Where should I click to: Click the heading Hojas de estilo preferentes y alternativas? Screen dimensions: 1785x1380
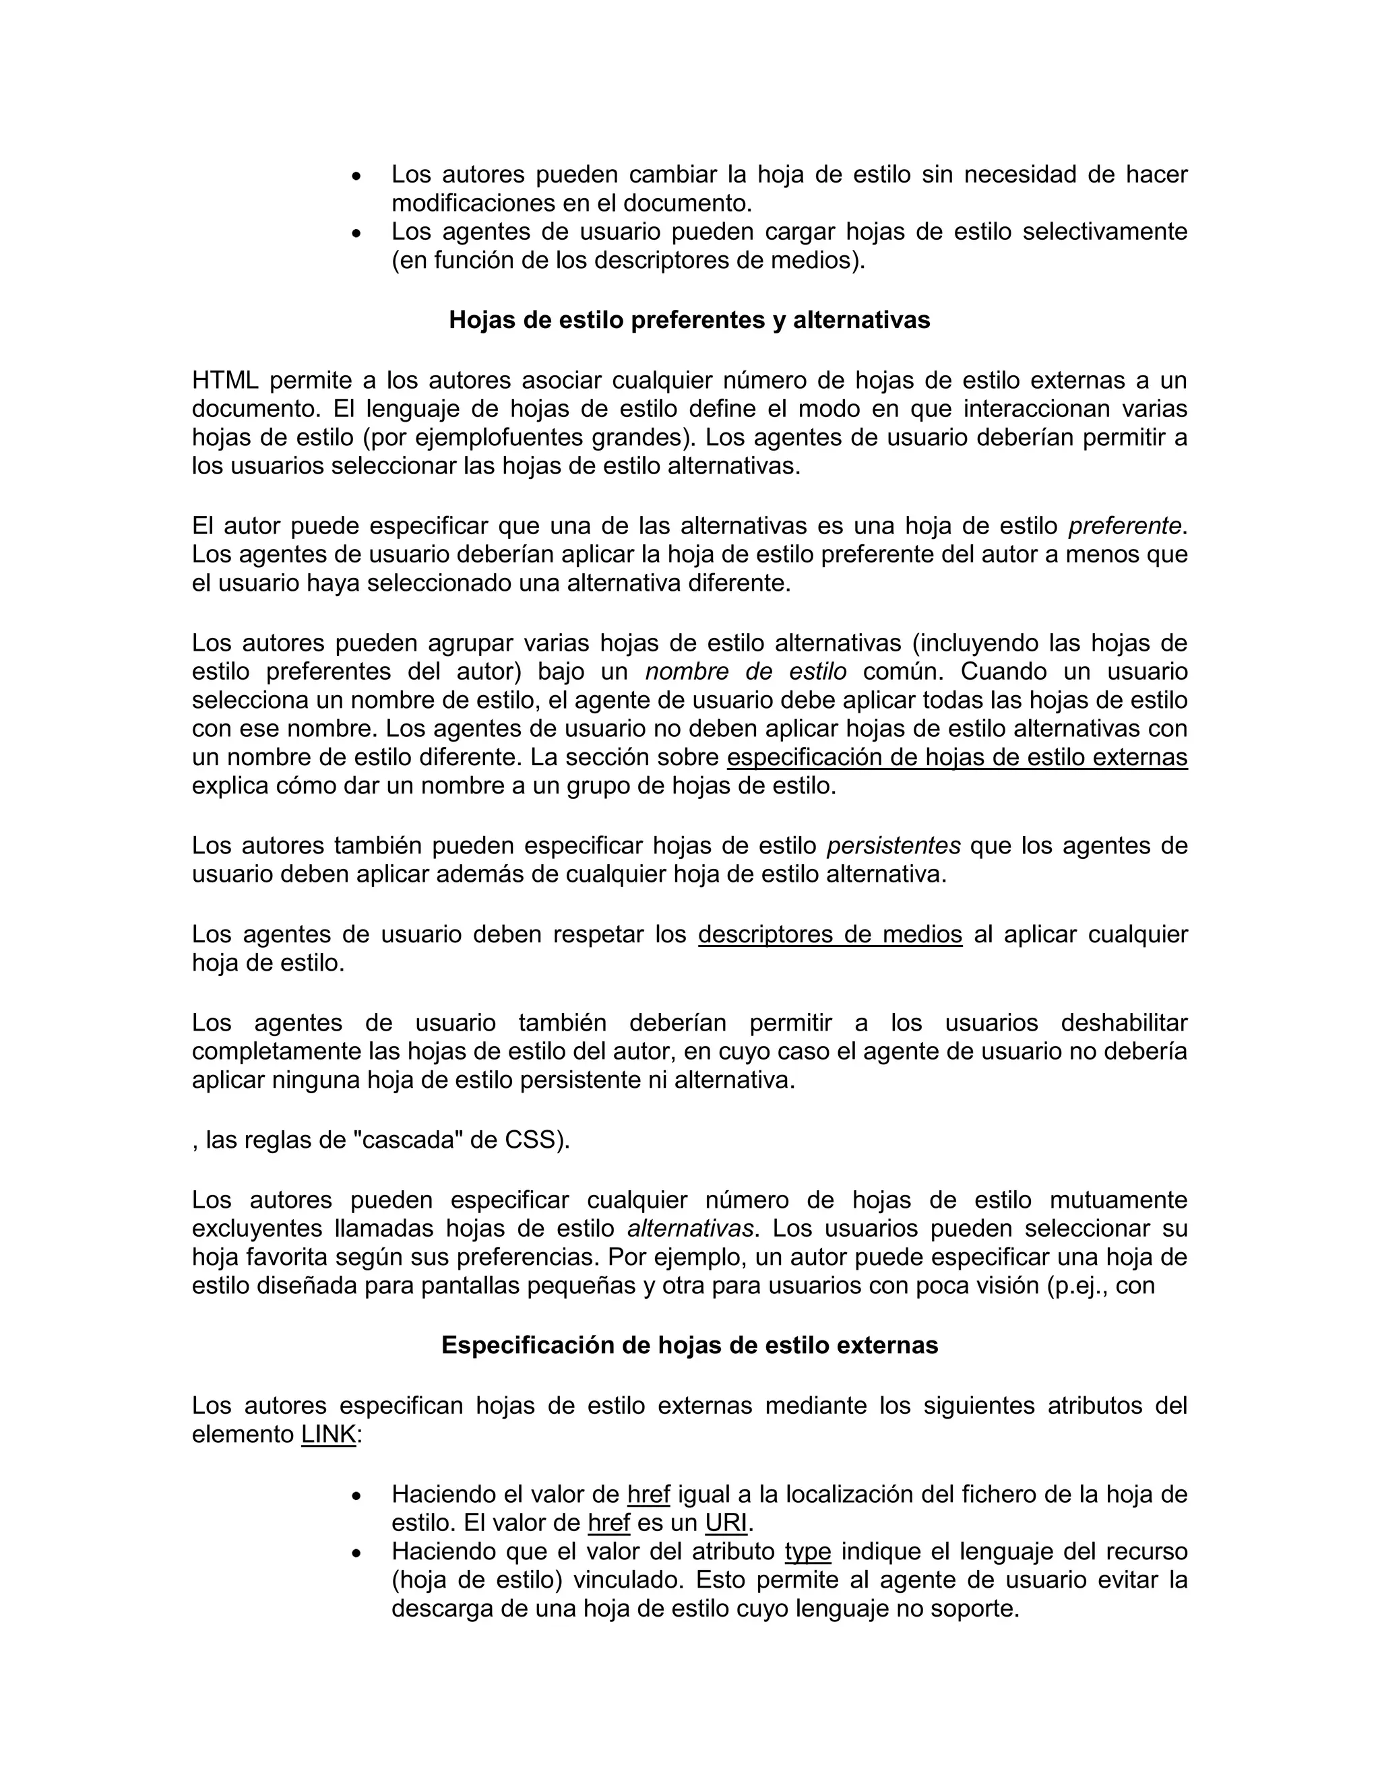[x=689, y=319]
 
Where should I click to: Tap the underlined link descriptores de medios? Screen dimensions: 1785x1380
[x=829, y=934]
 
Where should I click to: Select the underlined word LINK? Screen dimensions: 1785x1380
[x=329, y=1434]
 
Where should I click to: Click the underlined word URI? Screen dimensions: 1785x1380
[x=726, y=1523]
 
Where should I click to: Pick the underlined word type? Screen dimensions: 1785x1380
[x=808, y=1551]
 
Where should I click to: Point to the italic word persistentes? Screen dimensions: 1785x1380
[x=893, y=845]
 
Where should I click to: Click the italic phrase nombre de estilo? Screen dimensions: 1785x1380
[x=746, y=672]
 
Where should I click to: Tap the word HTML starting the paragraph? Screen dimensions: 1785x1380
[x=225, y=380]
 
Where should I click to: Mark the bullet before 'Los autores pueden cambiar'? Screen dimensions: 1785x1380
[x=355, y=176]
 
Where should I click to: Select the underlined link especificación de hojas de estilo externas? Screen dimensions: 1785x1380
[x=957, y=758]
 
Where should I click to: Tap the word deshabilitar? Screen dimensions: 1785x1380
[x=1123, y=1023]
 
